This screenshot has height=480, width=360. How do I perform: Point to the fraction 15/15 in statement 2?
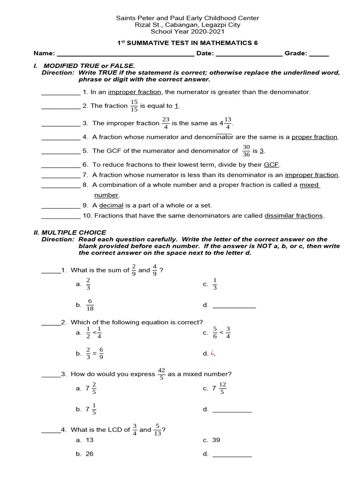point(134,105)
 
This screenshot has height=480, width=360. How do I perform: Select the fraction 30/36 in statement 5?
point(246,150)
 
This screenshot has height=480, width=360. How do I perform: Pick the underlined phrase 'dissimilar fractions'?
point(294,216)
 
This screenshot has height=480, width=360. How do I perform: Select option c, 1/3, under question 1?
point(215,284)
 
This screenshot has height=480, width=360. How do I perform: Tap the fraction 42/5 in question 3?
point(162,374)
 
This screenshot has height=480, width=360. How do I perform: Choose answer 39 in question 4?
point(216,440)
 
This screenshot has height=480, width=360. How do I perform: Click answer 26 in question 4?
point(89,454)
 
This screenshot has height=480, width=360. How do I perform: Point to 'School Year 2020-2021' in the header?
point(187,31)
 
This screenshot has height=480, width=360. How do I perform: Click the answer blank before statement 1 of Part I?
point(60,93)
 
